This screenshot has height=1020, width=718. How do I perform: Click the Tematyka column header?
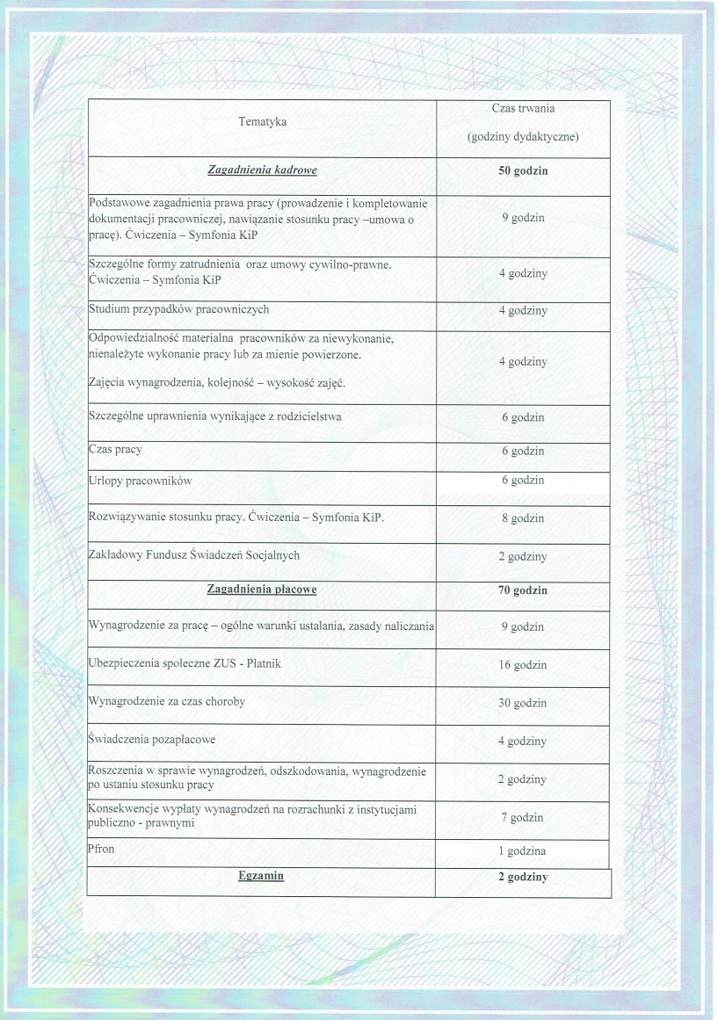tap(262, 122)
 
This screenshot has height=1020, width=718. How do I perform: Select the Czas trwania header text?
tap(523, 108)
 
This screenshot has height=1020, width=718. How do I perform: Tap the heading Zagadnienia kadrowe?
tap(262, 170)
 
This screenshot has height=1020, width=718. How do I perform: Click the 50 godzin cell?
tap(523, 170)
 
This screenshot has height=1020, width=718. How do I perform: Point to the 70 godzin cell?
tap(523, 590)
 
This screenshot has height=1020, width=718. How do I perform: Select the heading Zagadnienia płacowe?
tap(262, 590)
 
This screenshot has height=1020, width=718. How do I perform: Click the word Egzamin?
tap(261, 876)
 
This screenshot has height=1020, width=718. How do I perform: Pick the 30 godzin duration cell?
tap(523, 703)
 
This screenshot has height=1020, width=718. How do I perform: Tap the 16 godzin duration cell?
tap(523, 665)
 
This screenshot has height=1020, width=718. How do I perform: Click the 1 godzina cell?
tap(523, 851)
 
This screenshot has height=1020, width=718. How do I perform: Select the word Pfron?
tap(102, 850)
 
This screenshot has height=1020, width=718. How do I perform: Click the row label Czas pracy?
tap(115, 449)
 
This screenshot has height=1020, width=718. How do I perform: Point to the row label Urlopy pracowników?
tap(141, 481)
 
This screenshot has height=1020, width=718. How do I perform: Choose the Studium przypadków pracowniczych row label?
tap(179, 309)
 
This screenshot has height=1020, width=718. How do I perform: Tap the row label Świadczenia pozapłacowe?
tap(152, 739)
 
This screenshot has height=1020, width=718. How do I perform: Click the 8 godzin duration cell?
tap(523, 518)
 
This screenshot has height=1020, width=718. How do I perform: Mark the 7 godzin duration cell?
tap(523, 818)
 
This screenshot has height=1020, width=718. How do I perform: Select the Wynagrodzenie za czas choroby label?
tap(167, 701)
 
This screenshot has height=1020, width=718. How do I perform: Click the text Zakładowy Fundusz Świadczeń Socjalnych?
tap(194, 554)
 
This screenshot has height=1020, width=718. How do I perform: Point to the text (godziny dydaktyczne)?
tap(523, 138)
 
